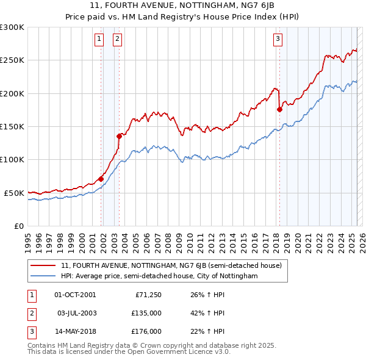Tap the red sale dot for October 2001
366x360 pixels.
click(101, 179)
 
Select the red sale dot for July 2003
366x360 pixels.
click(120, 136)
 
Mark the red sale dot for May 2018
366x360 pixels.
click(279, 110)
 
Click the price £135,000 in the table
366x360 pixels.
click(147, 313)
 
